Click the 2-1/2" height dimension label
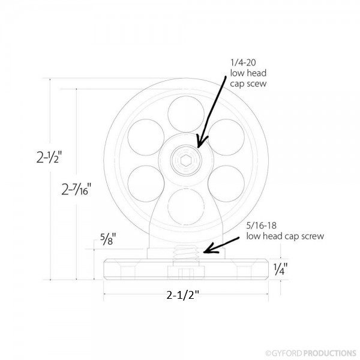click(x=49, y=157)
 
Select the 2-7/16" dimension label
click(x=76, y=189)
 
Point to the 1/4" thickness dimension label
click(x=280, y=269)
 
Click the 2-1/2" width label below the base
click(x=183, y=295)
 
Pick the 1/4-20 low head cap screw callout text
click(x=248, y=73)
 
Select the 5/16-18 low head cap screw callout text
click(x=285, y=231)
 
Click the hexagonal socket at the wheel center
click(x=185, y=160)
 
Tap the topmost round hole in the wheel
click(x=186, y=114)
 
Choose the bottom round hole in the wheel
click(x=186, y=206)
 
